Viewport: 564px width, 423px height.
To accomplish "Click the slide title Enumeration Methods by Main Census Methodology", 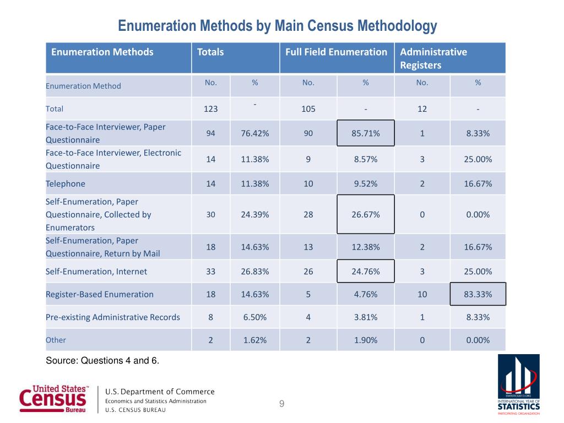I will coord(278,26).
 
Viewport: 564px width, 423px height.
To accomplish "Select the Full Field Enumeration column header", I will coord(336,52).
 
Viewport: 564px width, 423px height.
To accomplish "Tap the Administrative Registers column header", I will coord(433,58).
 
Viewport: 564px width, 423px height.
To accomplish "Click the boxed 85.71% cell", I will coord(365,133).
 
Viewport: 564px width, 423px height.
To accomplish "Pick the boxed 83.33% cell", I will coord(478,294).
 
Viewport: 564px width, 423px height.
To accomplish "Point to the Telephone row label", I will coord(66,183).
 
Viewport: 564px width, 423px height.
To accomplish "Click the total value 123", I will coord(210,109).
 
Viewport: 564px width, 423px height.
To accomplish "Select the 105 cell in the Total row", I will coord(308,109).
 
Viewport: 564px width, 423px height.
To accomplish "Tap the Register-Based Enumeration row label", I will coord(100,294).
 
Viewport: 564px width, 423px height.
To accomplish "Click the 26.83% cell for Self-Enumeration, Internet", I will coord(255,272).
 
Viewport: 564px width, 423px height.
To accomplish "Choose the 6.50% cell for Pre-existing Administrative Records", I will coord(255,317).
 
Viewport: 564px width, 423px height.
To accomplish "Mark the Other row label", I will coord(56,340).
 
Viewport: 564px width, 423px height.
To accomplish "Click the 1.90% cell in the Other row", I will coord(365,340).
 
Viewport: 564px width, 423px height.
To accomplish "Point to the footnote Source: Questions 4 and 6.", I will coord(102,361).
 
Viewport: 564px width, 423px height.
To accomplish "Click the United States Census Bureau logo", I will coord(53,399).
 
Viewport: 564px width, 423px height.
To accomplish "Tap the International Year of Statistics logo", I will coord(519,384).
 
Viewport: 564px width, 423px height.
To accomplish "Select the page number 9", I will coord(281,405).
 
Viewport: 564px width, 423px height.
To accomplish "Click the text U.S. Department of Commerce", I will coord(160,392).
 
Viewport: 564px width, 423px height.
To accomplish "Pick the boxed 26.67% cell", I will coord(365,215).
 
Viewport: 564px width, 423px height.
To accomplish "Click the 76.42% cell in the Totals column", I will coord(255,133).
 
